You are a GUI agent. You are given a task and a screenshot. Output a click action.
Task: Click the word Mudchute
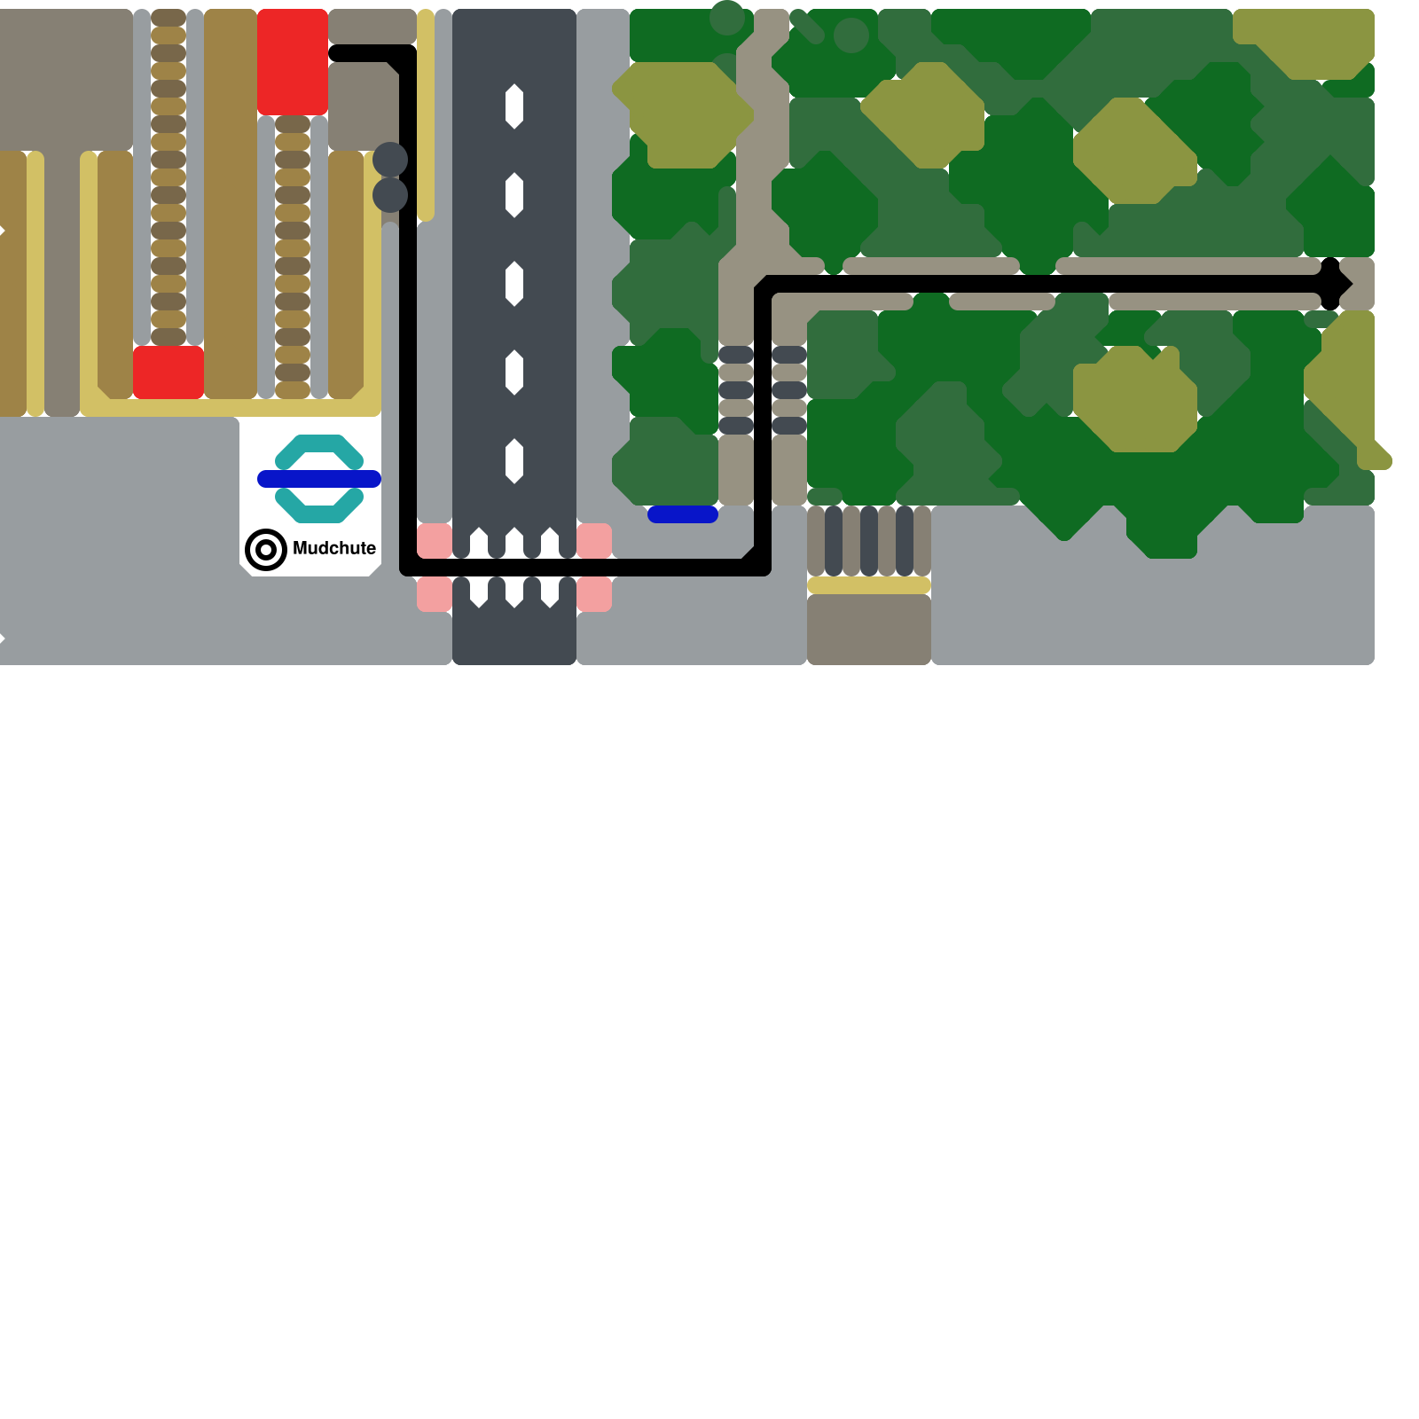click(333, 548)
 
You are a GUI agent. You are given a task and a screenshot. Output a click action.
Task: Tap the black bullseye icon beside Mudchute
click(265, 550)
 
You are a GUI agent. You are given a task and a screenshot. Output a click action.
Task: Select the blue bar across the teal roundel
click(319, 479)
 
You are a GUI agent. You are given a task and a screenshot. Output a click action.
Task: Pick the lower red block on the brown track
click(169, 372)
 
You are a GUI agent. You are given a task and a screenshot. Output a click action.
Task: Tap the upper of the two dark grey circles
click(390, 160)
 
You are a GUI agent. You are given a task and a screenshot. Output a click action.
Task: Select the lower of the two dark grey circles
click(390, 195)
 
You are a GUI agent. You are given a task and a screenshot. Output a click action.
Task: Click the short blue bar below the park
click(683, 514)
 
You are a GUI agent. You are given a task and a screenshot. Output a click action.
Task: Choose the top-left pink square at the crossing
click(435, 540)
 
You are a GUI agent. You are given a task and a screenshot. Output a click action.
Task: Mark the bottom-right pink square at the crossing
click(594, 594)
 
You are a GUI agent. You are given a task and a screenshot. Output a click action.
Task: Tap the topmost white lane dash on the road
click(514, 106)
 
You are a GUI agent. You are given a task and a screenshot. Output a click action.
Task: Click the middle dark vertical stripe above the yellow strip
click(869, 541)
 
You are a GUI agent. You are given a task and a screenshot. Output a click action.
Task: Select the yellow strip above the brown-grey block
click(869, 585)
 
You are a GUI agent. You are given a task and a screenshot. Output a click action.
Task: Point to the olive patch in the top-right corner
click(1304, 40)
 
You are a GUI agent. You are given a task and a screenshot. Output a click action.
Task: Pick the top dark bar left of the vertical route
click(736, 355)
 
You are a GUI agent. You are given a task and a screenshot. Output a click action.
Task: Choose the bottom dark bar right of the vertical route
click(789, 426)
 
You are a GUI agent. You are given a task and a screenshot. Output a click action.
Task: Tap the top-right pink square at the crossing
click(594, 540)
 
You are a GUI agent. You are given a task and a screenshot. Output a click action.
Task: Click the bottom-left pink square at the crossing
click(435, 594)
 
